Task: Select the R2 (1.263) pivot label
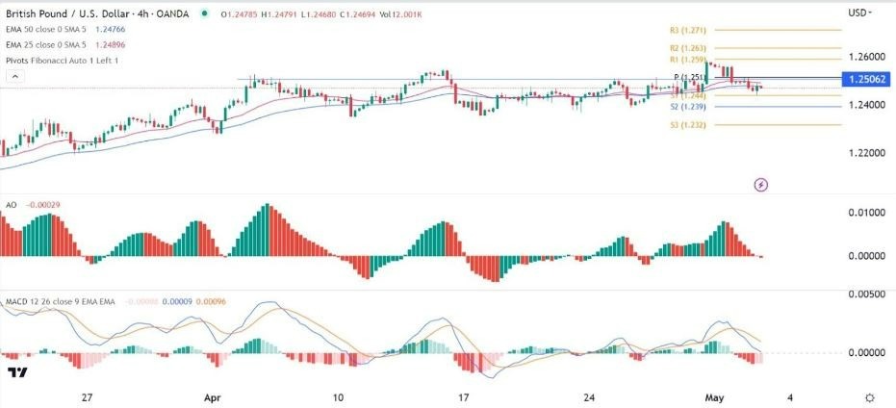[682, 46]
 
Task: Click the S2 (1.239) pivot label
[682, 107]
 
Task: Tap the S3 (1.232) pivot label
[682, 124]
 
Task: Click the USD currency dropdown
[860, 13]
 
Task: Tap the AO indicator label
[12, 205]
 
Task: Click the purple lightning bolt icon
[761, 184]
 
